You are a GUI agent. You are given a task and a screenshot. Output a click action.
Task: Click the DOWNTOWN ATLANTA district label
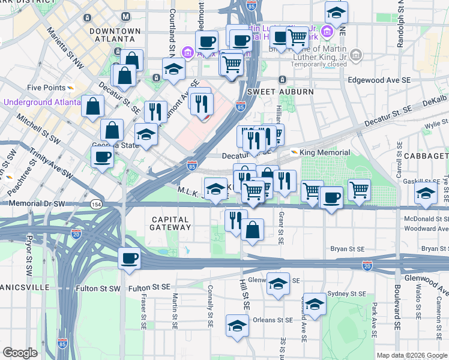point(114,35)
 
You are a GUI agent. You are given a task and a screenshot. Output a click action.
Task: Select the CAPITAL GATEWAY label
point(171,223)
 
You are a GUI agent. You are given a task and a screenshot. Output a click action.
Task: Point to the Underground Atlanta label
point(41,102)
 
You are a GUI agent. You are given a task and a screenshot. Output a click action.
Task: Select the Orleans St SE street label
point(273,320)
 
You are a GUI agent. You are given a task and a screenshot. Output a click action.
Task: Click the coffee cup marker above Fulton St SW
point(129,259)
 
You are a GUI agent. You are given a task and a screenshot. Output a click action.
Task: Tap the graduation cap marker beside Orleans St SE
point(237,326)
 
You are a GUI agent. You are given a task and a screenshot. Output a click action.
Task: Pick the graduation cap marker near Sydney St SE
point(315,304)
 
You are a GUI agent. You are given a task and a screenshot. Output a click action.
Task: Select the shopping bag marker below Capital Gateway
point(253,230)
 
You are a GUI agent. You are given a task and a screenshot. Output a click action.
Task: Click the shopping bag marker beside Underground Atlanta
point(92,107)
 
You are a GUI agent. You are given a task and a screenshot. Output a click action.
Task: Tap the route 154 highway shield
point(96,205)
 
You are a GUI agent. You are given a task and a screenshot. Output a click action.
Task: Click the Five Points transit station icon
point(71,87)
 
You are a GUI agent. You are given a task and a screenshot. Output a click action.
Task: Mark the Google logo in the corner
point(20,353)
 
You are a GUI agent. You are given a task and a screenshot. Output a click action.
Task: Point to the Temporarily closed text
point(320,64)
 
